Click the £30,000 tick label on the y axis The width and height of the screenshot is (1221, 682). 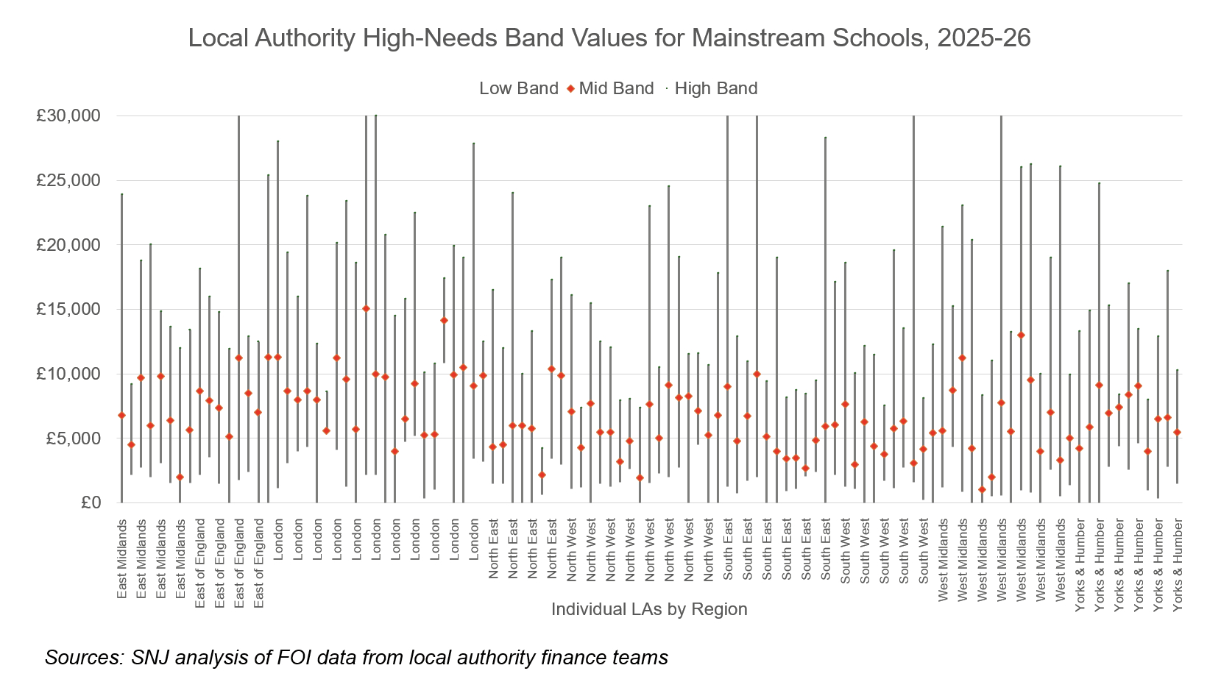tap(68, 116)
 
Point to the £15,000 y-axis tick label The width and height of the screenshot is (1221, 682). tap(68, 309)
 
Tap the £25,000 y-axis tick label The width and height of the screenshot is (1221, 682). tap(68, 180)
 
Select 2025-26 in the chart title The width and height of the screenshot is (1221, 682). tap(983, 38)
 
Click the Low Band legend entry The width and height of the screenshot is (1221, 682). tap(518, 88)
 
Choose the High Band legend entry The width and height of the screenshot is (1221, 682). tap(715, 88)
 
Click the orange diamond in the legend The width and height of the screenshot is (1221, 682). tap(570, 89)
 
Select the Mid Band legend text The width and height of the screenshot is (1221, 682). tap(616, 88)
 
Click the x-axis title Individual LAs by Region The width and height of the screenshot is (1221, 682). tap(648, 609)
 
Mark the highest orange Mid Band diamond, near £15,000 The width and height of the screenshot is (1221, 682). tap(366, 308)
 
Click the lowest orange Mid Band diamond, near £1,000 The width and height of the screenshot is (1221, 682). tap(982, 489)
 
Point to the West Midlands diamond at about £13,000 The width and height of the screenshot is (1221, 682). tap(1021, 335)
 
